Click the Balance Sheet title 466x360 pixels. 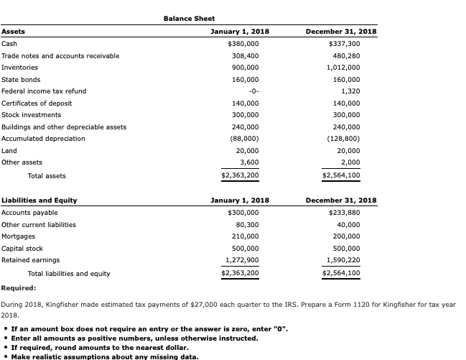189,18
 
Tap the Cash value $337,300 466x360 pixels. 344,44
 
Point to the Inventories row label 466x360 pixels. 20,68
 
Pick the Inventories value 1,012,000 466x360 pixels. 343,68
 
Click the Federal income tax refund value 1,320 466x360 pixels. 350,91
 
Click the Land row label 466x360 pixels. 9,150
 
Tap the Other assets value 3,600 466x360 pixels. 248,162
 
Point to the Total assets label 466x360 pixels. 46,175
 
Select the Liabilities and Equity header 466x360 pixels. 39,200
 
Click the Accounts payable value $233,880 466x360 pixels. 344,213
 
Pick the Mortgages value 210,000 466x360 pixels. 245,236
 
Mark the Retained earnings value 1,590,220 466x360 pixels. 343,260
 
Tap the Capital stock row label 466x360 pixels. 22,248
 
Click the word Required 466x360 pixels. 19,288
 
